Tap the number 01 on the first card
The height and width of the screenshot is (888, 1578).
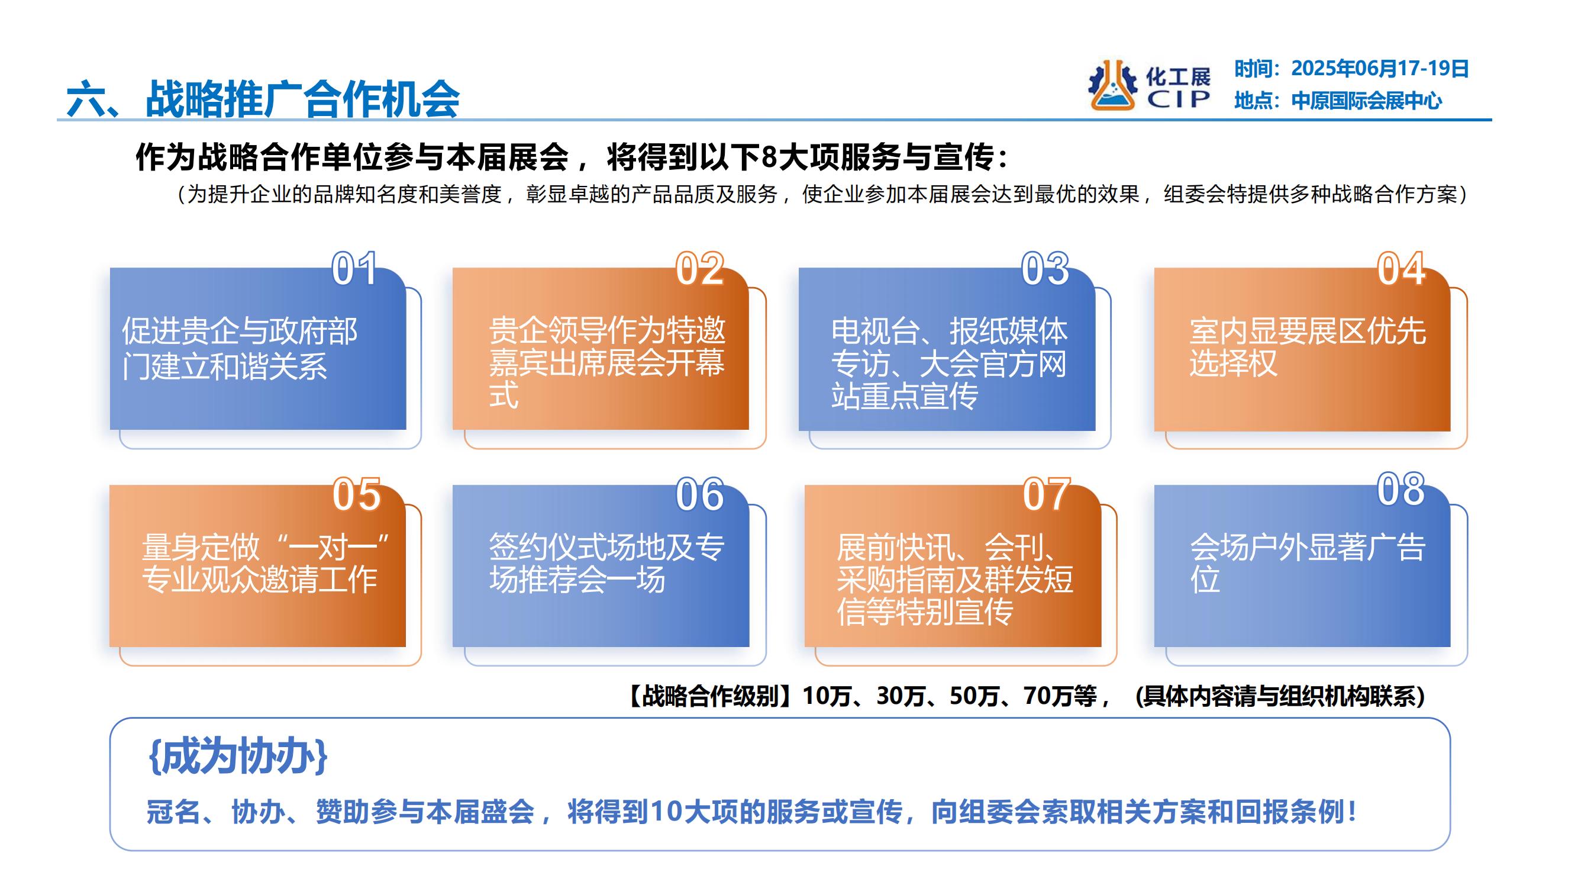(x=354, y=269)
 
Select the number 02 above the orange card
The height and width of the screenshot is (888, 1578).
(x=699, y=269)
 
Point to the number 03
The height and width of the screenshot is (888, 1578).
(x=1045, y=269)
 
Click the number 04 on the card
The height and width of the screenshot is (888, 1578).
(x=1401, y=269)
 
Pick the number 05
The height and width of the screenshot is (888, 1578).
(x=357, y=494)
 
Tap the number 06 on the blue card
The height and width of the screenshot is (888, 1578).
(x=699, y=494)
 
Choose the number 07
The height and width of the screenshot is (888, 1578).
(x=1046, y=494)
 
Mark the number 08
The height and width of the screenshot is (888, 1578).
(x=1401, y=490)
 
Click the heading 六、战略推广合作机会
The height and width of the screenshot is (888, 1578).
(x=263, y=98)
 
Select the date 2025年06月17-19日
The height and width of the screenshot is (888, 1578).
(x=1380, y=69)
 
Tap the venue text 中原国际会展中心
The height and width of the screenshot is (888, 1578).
(x=1367, y=101)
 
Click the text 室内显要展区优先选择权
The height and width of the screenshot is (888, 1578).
(x=1307, y=348)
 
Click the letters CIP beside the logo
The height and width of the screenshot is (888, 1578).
(x=1179, y=99)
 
